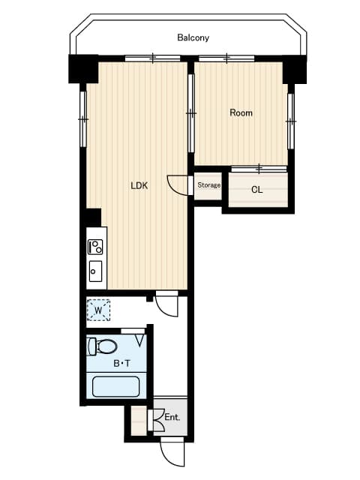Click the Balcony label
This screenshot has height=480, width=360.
193,37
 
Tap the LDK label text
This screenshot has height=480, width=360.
139,186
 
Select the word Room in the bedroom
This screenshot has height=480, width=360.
241,113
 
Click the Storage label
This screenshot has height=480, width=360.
208,185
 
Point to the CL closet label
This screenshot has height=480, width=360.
256,190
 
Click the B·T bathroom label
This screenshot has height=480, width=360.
121,364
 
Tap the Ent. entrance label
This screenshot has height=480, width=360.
172,417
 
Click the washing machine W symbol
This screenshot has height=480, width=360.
98,309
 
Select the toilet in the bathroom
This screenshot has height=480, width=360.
103,346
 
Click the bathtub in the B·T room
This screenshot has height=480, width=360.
115,386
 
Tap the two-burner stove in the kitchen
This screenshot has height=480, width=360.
96,246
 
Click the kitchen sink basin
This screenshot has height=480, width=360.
96,270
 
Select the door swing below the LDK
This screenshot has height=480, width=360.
166,304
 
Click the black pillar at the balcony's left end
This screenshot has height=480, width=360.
82,68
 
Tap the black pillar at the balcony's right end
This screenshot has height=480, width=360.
295,68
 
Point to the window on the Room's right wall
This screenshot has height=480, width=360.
290,120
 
